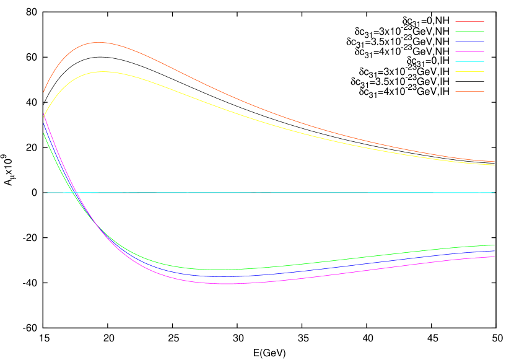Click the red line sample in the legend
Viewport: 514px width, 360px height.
click(469, 21)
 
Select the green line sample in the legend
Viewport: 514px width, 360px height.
click(469, 31)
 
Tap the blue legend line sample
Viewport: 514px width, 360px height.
click(469, 41)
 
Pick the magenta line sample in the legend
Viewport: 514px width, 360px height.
click(469, 51)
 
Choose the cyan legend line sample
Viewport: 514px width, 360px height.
click(469, 61)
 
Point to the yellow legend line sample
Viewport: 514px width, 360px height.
click(469, 71)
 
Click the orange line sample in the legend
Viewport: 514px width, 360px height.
click(469, 91)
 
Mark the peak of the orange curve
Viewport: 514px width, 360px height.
click(99, 42)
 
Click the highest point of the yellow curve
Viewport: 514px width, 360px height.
click(103, 71)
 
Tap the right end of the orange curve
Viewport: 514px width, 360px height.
click(495, 162)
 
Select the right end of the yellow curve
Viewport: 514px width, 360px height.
click(495, 165)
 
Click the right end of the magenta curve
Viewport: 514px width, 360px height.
click(495, 257)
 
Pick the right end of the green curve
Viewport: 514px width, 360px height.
click(495, 245)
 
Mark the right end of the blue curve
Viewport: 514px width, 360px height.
click(495, 251)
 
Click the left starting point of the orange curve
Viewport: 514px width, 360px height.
click(43, 93)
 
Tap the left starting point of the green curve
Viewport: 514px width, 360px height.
click(43, 133)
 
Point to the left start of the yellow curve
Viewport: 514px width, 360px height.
click(43, 116)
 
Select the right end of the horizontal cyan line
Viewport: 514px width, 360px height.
click(495, 193)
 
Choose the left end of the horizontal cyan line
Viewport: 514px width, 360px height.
click(43, 193)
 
